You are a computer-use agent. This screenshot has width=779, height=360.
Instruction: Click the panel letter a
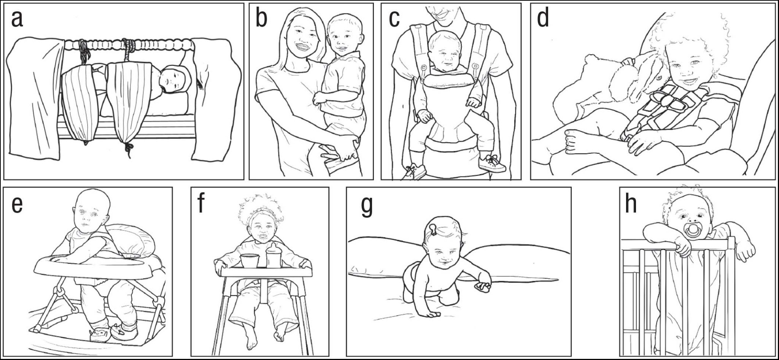tap(17, 19)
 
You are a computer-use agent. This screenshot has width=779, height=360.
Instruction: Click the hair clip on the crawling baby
tap(433, 229)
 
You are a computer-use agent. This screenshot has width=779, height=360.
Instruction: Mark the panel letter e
tap(17, 205)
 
